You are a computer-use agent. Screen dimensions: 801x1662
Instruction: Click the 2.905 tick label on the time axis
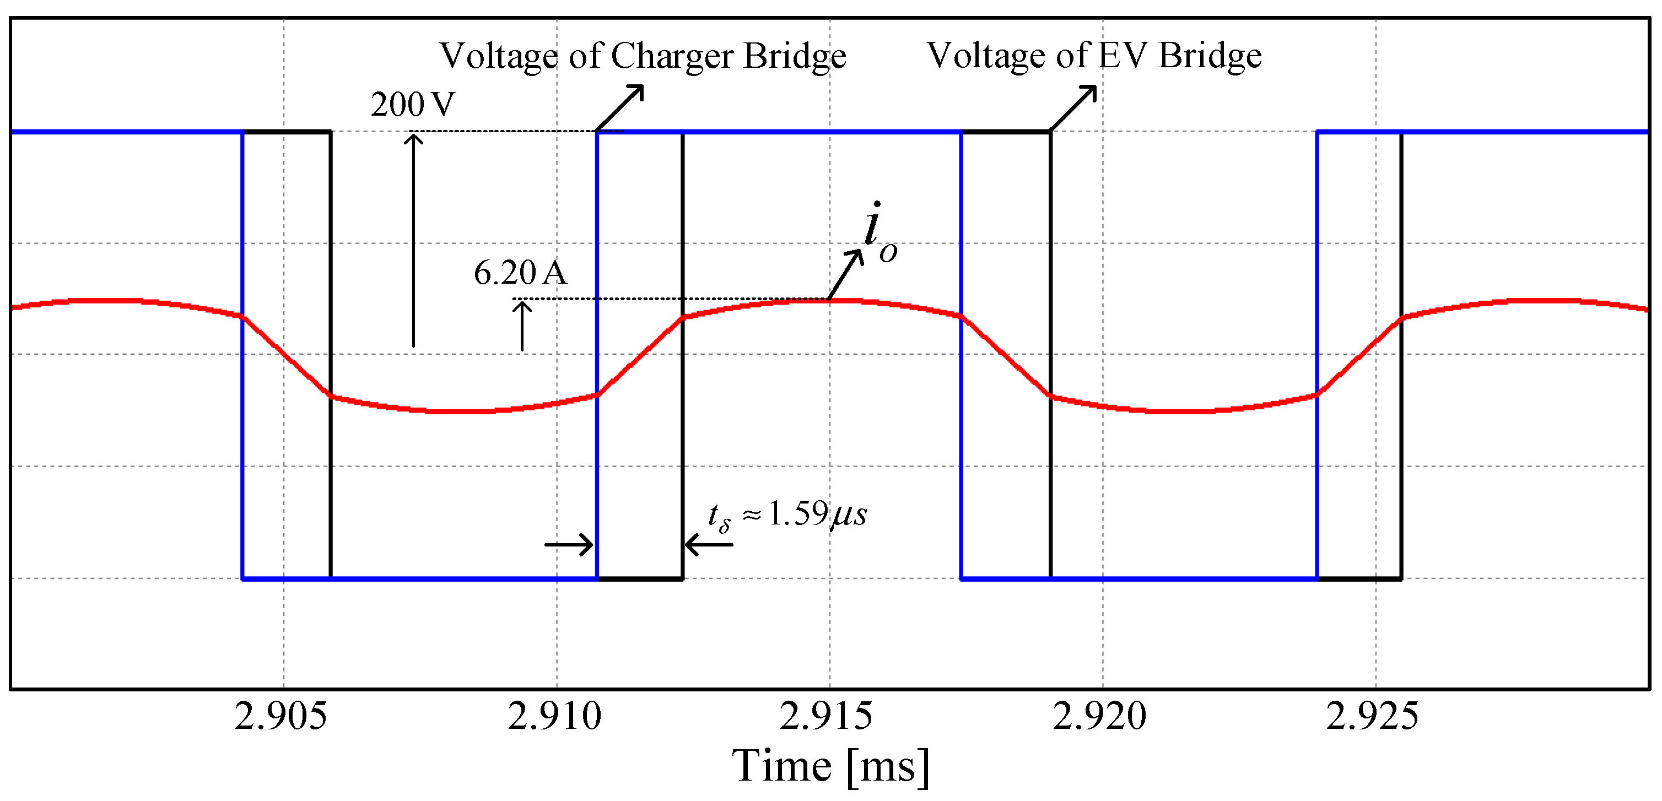(x=280, y=716)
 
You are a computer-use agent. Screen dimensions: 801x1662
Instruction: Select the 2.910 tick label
(x=554, y=716)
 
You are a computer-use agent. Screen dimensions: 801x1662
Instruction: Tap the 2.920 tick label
(x=1099, y=716)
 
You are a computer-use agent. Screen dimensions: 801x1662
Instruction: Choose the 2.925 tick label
(x=1372, y=716)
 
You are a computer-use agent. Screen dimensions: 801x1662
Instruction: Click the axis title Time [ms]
(x=830, y=766)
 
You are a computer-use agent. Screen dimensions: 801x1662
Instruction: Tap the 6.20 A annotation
(x=520, y=272)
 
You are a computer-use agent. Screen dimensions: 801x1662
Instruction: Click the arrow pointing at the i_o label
(x=845, y=275)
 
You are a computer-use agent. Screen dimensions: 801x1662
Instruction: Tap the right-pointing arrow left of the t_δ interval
(x=568, y=544)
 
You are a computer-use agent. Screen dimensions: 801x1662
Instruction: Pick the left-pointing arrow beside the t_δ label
(x=709, y=544)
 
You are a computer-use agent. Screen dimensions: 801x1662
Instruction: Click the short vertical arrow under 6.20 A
(x=522, y=326)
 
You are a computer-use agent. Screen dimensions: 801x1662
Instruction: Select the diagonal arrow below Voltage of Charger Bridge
(x=620, y=108)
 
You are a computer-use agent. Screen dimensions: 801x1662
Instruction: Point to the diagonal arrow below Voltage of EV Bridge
(x=1073, y=108)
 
